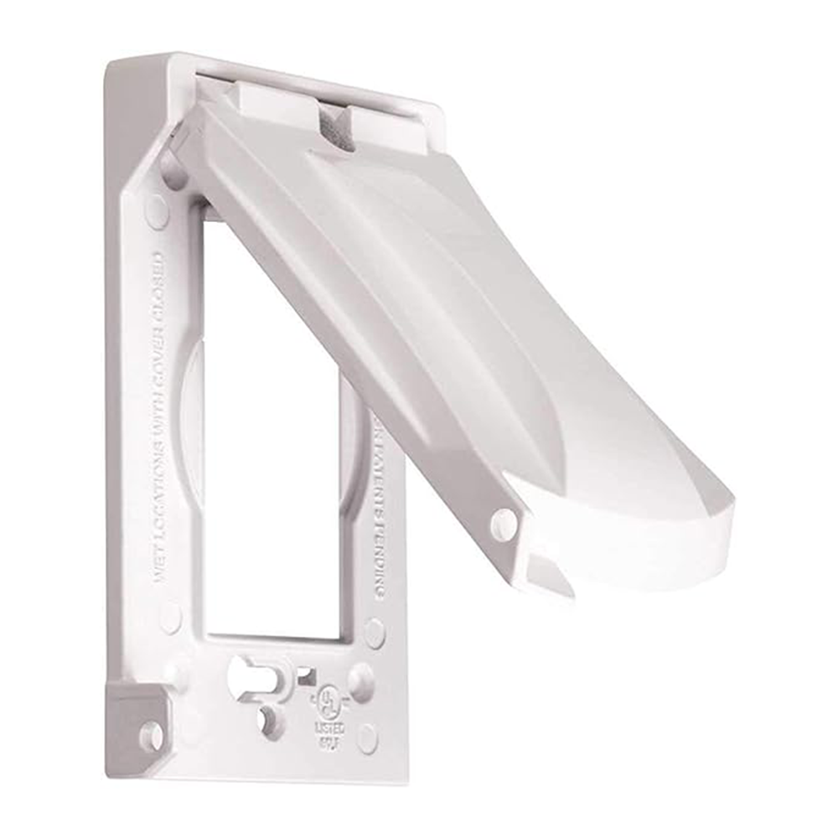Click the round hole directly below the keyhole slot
tap(270, 718)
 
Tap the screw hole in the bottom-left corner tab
tap(151, 736)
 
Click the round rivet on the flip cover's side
tap(504, 523)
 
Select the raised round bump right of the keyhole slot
tap(361, 680)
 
